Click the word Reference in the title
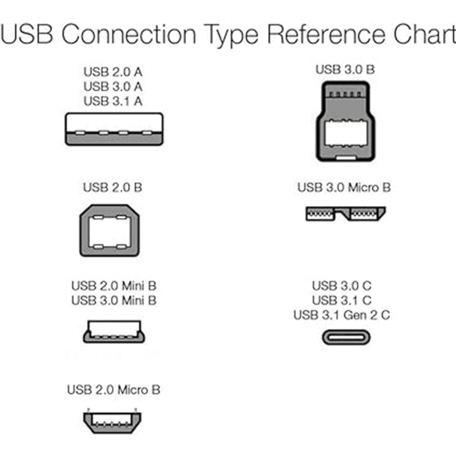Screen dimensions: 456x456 (x=327, y=35)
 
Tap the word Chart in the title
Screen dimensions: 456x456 (x=425, y=35)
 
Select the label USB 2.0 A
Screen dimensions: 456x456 (x=113, y=72)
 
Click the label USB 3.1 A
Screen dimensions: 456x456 (x=113, y=101)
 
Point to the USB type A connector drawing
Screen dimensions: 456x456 (x=114, y=129)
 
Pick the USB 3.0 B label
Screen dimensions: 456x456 (x=345, y=70)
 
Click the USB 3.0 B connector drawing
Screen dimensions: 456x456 (x=346, y=121)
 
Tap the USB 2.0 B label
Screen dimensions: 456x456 (x=112, y=187)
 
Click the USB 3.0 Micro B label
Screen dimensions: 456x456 (x=344, y=187)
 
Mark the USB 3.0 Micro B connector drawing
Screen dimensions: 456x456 (x=346, y=214)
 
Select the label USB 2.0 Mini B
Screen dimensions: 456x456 (x=114, y=286)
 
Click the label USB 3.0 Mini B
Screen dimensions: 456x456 (x=114, y=300)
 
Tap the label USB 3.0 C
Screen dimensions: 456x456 (x=342, y=286)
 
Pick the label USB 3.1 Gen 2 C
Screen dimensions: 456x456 (x=342, y=315)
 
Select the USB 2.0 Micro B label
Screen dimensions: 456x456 (x=114, y=390)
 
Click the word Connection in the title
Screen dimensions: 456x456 (x=129, y=35)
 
